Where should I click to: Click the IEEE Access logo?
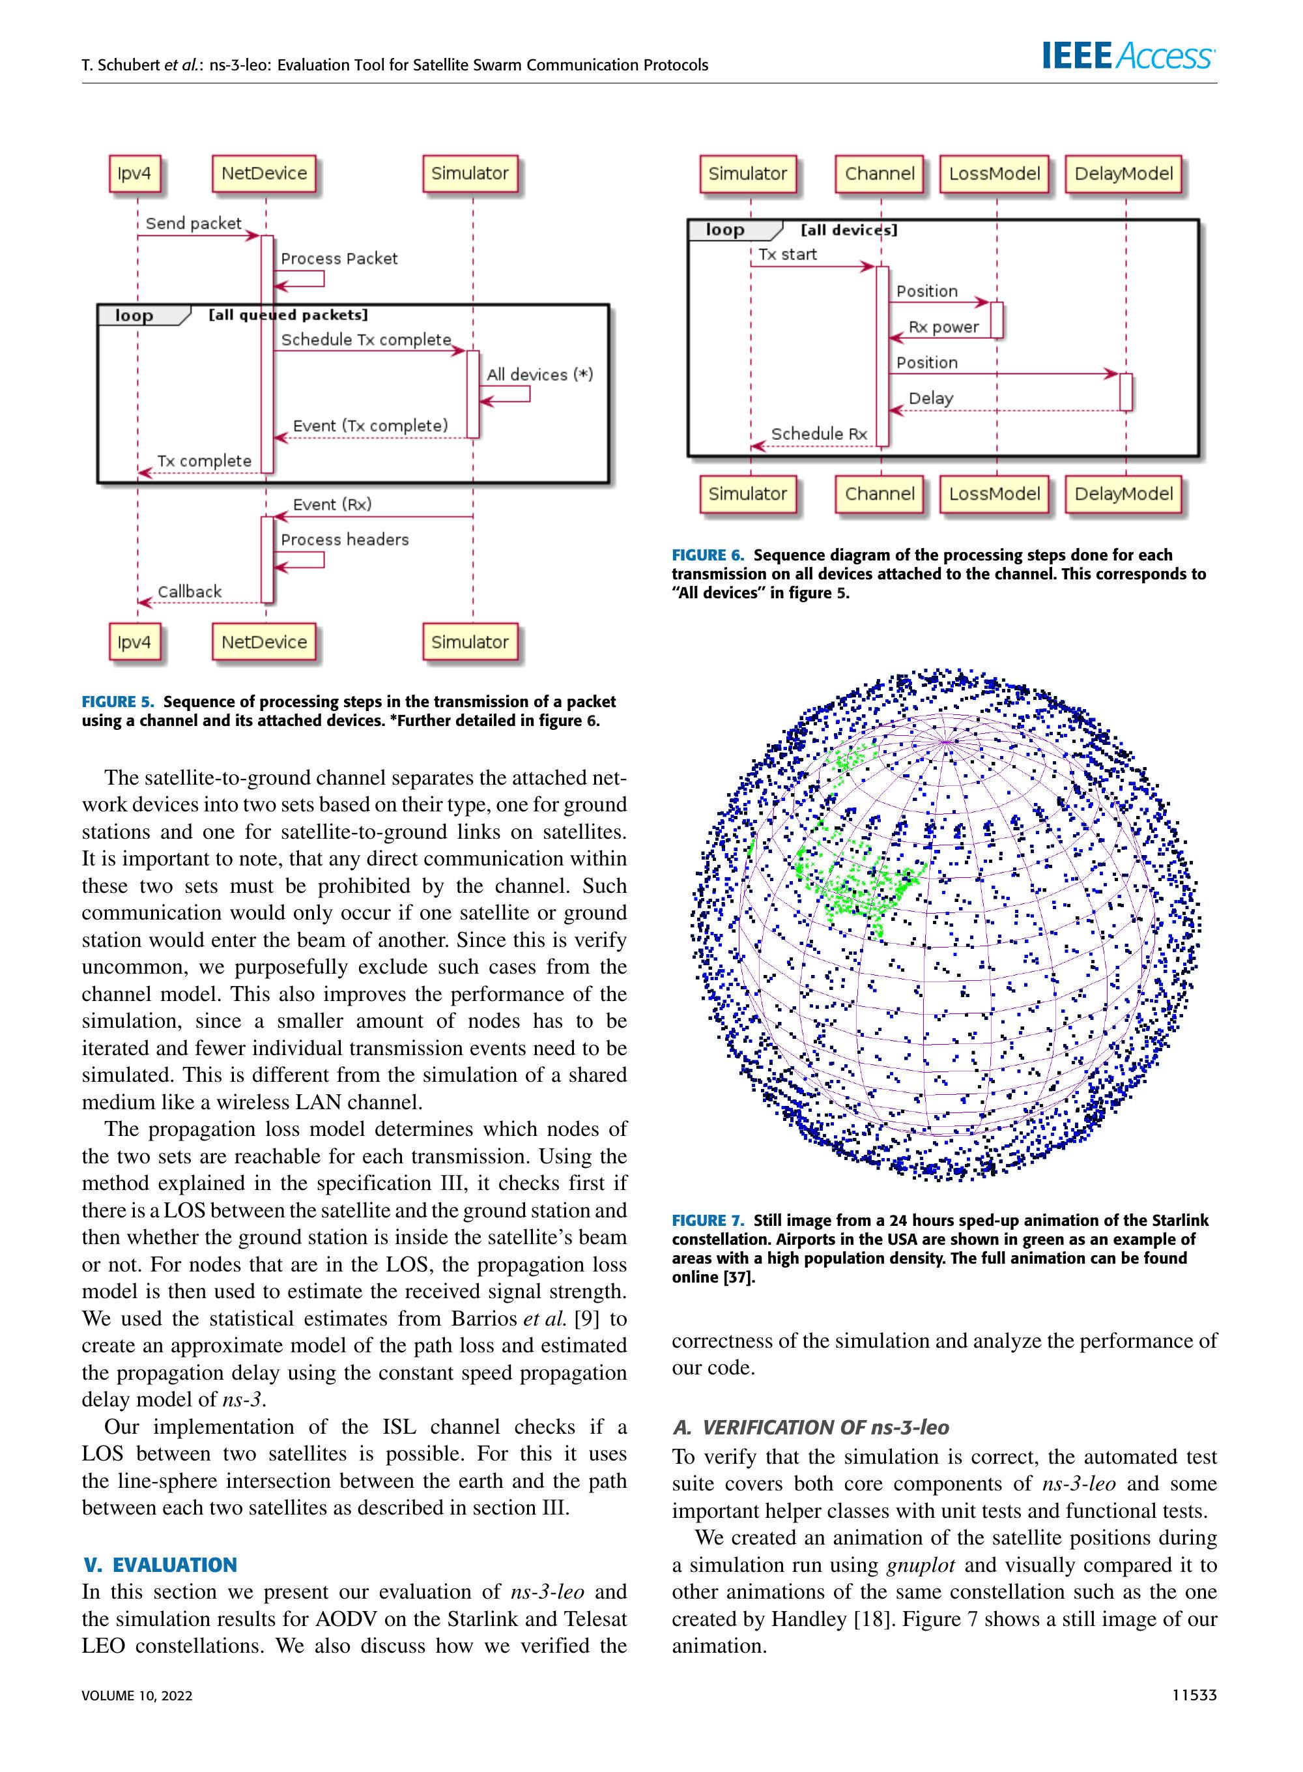click(1128, 56)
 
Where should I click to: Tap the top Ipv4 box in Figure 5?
click(134, 173)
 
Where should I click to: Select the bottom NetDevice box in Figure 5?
click(265, 642)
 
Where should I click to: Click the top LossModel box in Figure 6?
click(995, 173)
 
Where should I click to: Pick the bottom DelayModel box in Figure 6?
click(1124, 494)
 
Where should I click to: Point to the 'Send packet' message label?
click(193, 224)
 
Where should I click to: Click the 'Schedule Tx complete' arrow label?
click(366, 340)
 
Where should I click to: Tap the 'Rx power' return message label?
click(943, 327)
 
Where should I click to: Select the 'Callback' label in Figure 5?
click(190, 592)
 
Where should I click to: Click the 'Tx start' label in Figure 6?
click(787, 254)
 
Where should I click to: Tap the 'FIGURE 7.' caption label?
click(708, 1221)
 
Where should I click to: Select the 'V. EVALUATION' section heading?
click(160, 1565)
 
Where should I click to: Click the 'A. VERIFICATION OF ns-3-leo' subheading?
click(811, 1427)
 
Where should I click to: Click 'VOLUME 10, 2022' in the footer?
click(137, 1696)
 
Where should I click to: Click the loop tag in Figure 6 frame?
click(726, 229)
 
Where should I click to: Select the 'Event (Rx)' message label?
click(332, 504)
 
